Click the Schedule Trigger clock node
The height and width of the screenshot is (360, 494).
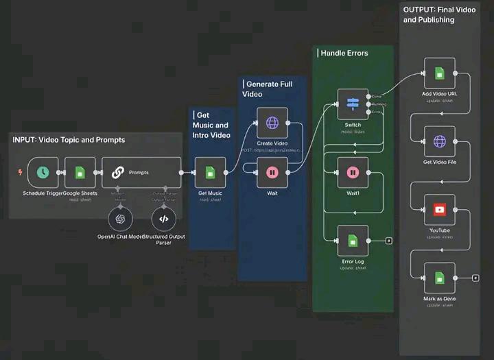pyautogui.click(x=43, y=172)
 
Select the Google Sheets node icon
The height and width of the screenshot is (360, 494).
pyautogui.click(x=80, y=172)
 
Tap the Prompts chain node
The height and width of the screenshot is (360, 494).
pyautogui.click(x=141, y=172)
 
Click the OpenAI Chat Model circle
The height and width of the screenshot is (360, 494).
pyautogui.click(x=121, y=219)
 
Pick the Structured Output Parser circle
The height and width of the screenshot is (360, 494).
pyautogui.click(x=163, y=219)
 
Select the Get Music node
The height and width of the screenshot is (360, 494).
pyautogui.click(x=210, y=172)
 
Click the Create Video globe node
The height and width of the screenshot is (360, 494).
pyautogui.click(x=272, y=123)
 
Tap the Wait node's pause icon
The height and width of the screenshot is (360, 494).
pyautogui.click(x=272, y=172)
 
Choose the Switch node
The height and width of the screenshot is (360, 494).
pyautogui.click(x=353, y=104)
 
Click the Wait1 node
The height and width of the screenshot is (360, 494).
pyautogui.click(x=353, y=172)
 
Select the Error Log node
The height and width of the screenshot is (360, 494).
pyautogui.click(x=353, y=240)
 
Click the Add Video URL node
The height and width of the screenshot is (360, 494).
pyautogui.click(x=439, y=73)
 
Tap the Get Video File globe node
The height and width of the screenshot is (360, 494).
pyautogui.click(x=439, y=141)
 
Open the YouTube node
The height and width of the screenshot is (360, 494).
pyautogui.click(x=439, y=209)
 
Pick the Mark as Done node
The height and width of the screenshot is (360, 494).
pyautogui.click(x=439, y=278)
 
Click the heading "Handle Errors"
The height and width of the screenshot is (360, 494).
pyautogui.click(x=344, y=53)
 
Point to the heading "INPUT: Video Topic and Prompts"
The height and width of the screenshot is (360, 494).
pyautogui.click(x=69, y=140)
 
